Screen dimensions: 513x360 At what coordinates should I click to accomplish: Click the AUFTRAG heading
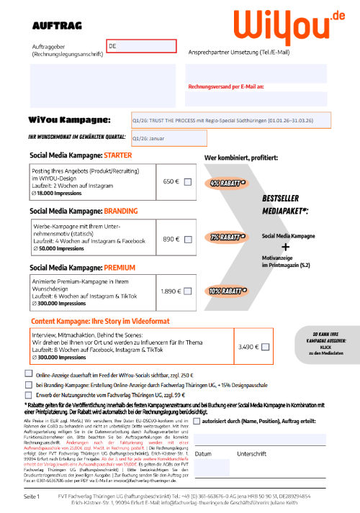[53, 25]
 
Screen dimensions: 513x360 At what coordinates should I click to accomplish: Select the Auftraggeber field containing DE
[142, 46]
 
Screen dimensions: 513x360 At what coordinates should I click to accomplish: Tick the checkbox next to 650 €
[188, 183]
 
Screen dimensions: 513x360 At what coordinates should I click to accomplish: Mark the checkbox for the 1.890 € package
[188, 292]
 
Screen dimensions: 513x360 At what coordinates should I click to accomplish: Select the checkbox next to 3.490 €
[265, 348]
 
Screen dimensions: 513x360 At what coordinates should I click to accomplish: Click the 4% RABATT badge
[227, 183]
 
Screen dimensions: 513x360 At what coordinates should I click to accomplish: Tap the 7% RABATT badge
[227, 237]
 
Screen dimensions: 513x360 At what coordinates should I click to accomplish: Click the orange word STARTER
[118, 155]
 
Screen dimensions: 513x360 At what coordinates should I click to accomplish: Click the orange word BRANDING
[121, 211]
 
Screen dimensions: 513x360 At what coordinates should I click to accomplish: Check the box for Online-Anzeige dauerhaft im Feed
[28, 373]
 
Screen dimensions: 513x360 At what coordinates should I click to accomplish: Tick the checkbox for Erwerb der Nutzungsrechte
[28, 394]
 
